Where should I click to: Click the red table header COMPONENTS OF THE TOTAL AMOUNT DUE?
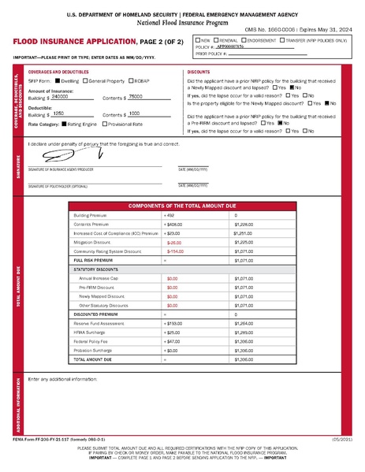(184, 204)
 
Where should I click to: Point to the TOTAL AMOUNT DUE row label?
(91, 359)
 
